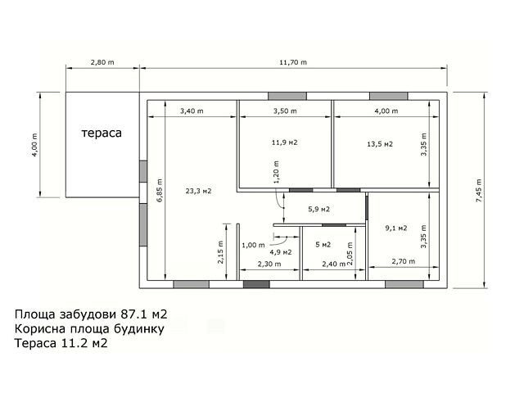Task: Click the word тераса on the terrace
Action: tap(102, 133)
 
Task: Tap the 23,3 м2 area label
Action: tap(198, 191)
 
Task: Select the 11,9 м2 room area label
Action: tap(285, 142)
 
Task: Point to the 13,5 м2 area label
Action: tap(380, 144)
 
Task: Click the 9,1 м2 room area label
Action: tap(396, 228)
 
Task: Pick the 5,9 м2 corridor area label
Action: tap(318, 210)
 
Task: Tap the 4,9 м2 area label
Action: tap(281, 252)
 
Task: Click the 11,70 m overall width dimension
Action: tap(293, 62)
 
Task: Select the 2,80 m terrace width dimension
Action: tap(102, 62)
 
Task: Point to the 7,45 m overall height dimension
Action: tap(479, 191)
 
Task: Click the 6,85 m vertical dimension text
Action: tap(160, 191)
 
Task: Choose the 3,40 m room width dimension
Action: tap(192, 111)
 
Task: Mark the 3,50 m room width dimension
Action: tap(285, 111)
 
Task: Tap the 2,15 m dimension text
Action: tap(221, 252)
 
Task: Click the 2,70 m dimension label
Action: tap(404, 261)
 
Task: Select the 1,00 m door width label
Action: tap(253, 246)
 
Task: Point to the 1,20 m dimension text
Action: tap(277, 172)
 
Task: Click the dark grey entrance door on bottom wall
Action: tap(256, 284)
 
